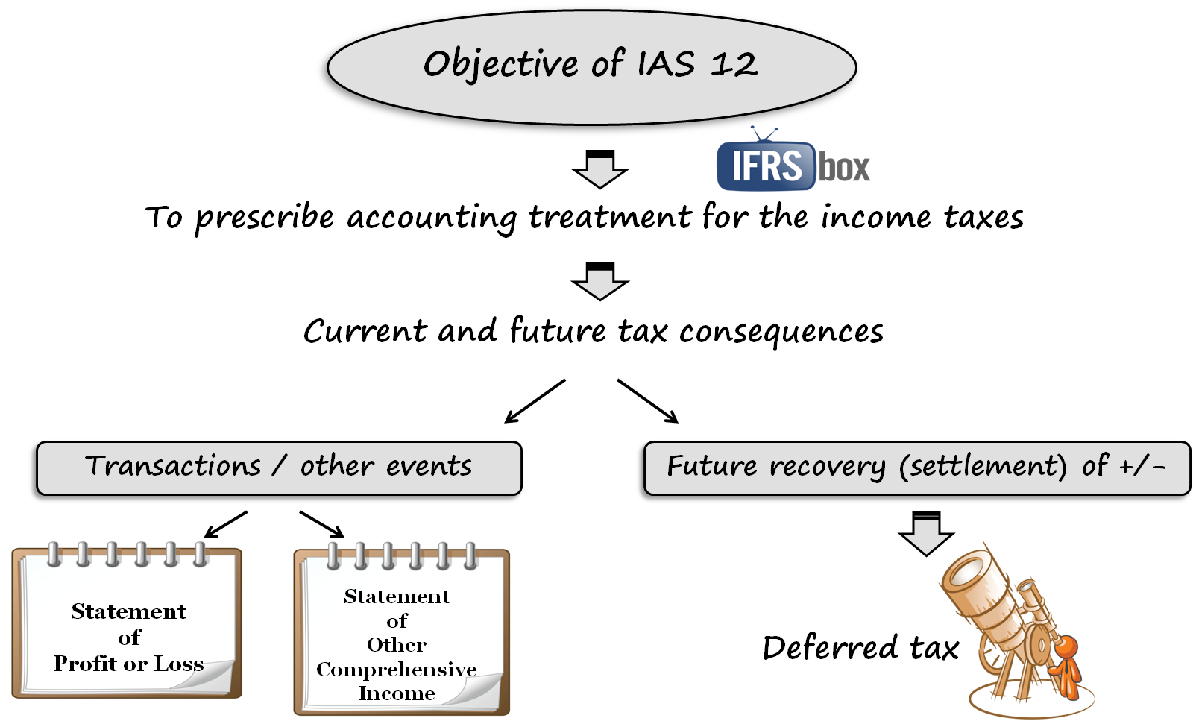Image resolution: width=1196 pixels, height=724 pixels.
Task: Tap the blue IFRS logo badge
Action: coord(766,166)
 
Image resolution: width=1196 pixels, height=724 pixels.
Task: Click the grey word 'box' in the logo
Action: coord(845,167)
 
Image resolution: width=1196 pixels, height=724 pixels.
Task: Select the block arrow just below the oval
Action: coord(600,170)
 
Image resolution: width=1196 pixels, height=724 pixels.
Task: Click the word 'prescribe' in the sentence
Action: coord(264,218)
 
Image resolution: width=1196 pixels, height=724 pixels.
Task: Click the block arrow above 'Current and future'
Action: coord(600,282)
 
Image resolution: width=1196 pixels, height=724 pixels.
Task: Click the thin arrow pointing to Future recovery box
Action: coord(647,401)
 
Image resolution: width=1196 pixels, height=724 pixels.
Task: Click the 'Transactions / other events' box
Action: coord(277,467)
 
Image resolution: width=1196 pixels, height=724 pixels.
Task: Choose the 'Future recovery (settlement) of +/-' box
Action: coord(916,467)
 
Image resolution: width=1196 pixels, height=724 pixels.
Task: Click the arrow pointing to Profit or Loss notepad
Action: coord(225,524)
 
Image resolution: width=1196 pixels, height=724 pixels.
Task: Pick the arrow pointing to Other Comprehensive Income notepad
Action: coord(322,523)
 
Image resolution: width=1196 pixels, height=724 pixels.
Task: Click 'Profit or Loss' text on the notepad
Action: coord(128,664)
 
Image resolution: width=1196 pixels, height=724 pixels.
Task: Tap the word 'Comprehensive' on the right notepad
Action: coord(396,670)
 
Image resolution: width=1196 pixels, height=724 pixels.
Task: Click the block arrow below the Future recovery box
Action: coord(926,534)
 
